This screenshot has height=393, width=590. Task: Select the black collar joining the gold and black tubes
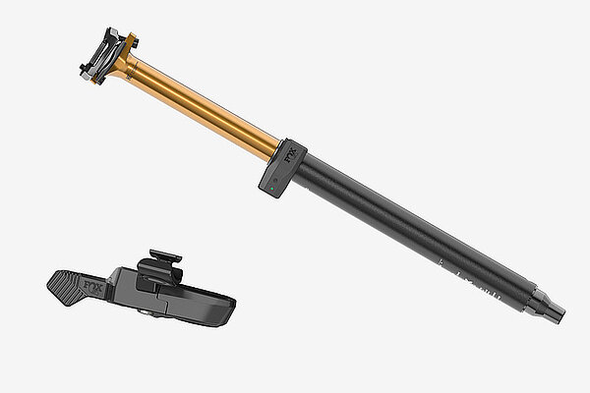282,168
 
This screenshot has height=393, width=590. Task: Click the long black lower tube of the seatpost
413,231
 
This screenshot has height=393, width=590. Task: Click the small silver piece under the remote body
147,314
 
